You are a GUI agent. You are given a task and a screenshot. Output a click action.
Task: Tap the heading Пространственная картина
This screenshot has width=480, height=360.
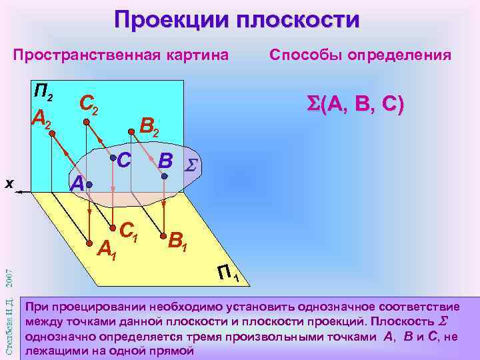tap(121, 54)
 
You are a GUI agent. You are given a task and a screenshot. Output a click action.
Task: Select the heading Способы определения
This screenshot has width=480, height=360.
tap(360, 54)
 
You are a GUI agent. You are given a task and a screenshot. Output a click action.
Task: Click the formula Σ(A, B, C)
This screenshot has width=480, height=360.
tap(354, 105)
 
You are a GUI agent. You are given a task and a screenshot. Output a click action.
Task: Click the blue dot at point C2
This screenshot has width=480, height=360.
tap(85, 122)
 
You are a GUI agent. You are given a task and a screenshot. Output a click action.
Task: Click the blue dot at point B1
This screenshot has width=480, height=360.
tap(162, 235)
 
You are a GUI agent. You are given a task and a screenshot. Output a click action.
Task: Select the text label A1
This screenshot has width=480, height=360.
tap(107, 250)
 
